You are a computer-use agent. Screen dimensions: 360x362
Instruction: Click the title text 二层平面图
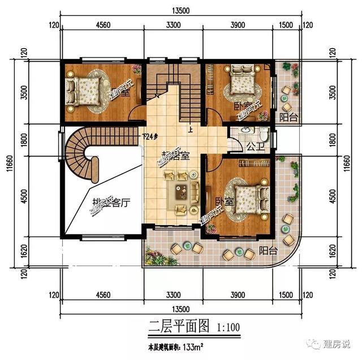(171, 326)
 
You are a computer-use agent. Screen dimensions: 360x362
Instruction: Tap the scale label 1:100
(227, 327)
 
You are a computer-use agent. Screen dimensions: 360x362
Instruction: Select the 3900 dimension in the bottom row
(237, 294)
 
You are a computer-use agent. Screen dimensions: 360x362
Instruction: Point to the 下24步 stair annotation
(150, 136)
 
